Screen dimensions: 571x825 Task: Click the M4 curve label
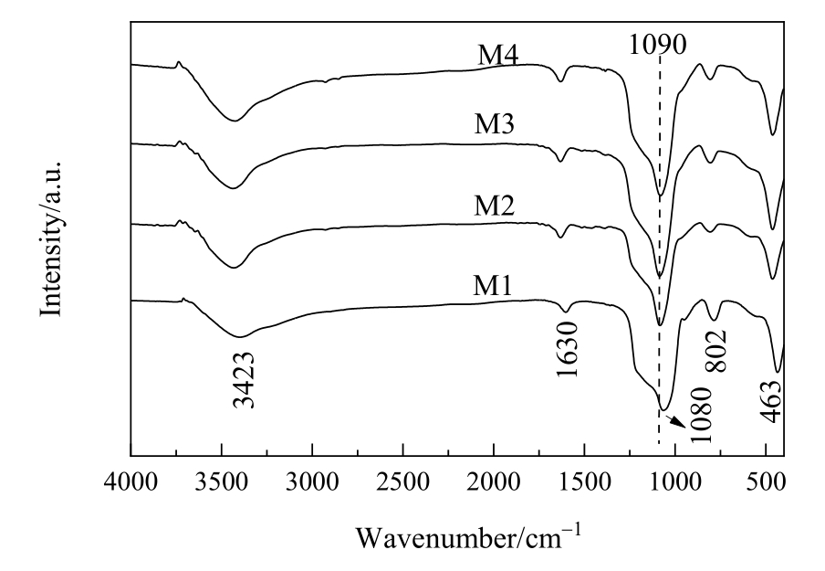[x=498, y=57]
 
